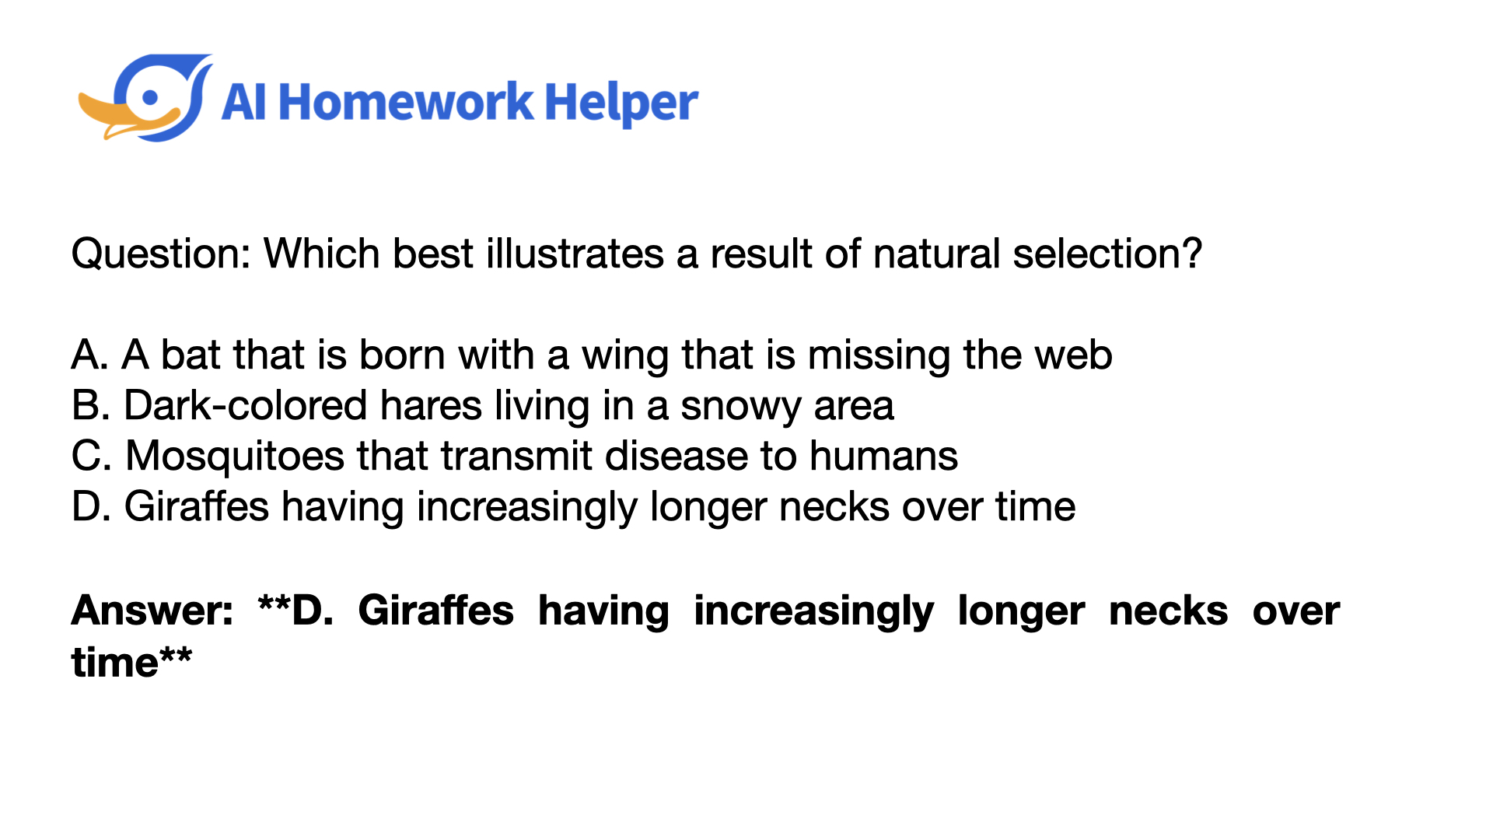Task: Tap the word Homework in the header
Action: coord(406,103)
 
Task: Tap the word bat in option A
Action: coord(191,355)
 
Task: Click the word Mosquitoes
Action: coord(235,457)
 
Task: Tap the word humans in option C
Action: coord(883,456)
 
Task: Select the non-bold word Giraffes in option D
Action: coord(197,506)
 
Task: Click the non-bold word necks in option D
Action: coord(834,507)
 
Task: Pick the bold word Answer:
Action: coord(152,611)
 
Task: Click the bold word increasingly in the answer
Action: coord(813,612)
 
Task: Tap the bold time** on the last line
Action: coord(131,662)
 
